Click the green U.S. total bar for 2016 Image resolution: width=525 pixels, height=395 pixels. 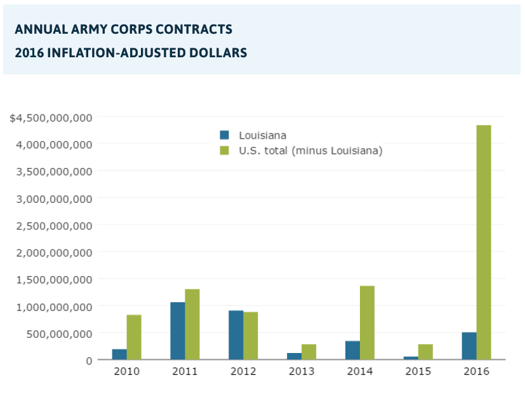tap(484, 242)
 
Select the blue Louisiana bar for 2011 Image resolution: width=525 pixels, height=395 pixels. tap(178, 331)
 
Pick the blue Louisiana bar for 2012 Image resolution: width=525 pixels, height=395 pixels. tap(236, 335)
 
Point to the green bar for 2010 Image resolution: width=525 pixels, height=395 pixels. tap(134, 337)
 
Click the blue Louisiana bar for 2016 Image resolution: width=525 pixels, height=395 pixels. tap(469, 346)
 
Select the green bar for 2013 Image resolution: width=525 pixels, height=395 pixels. tap(309, 352)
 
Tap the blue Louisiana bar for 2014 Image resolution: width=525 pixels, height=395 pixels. tap(352, 350)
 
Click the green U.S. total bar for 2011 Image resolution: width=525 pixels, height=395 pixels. tap(192, 324)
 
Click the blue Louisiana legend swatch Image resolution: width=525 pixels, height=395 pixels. tap(224, 135)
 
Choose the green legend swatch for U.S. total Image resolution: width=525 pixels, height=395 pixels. tap(224, 151)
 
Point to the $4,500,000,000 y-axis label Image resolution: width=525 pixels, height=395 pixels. tap(51, 118)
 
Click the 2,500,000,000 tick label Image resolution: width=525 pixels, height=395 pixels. tap(57, 225)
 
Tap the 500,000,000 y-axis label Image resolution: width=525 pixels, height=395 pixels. tap(63, 333)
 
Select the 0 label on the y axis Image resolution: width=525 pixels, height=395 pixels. tap(89, 360)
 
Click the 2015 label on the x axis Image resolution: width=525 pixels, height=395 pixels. tap(418, 371)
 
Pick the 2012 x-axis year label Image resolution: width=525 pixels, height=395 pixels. tap(243, 371)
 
